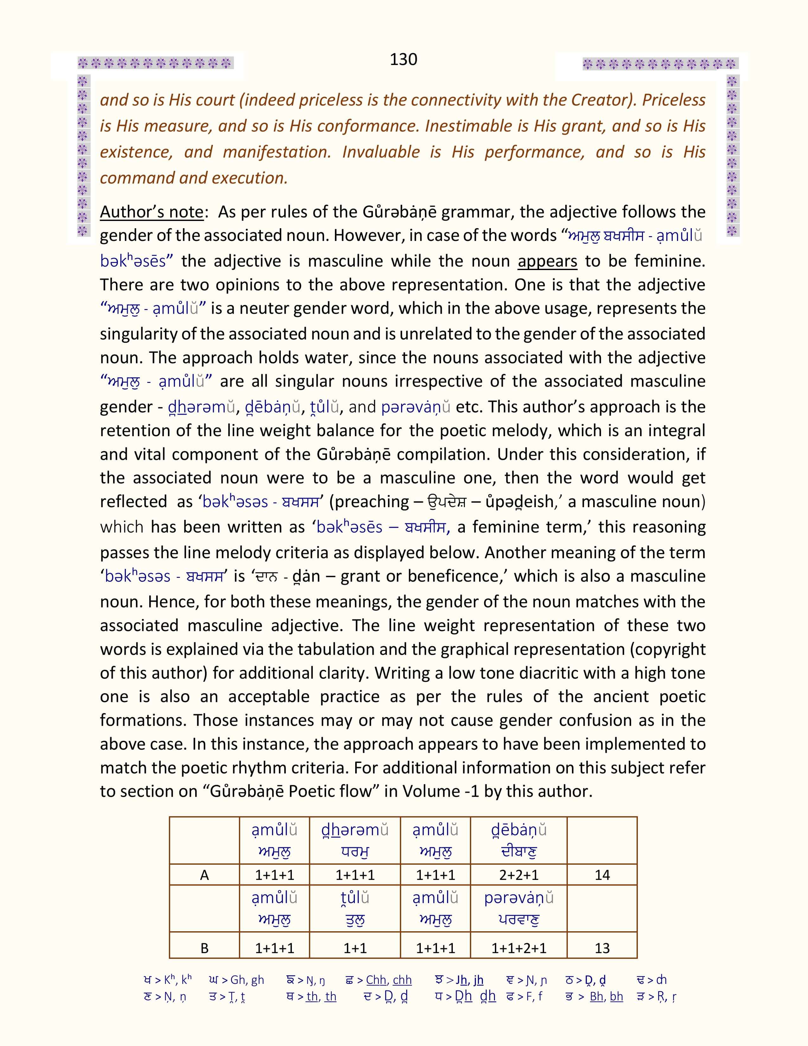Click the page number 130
403,59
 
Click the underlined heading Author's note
152,212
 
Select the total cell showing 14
602,875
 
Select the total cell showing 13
602,948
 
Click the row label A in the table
204,875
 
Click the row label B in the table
204,948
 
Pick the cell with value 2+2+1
518,875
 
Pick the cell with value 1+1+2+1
518,948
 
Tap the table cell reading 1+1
355,948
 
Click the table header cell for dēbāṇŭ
518,841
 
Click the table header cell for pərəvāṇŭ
518,908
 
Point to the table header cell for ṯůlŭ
355,908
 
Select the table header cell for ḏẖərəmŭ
355,841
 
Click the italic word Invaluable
381,152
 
